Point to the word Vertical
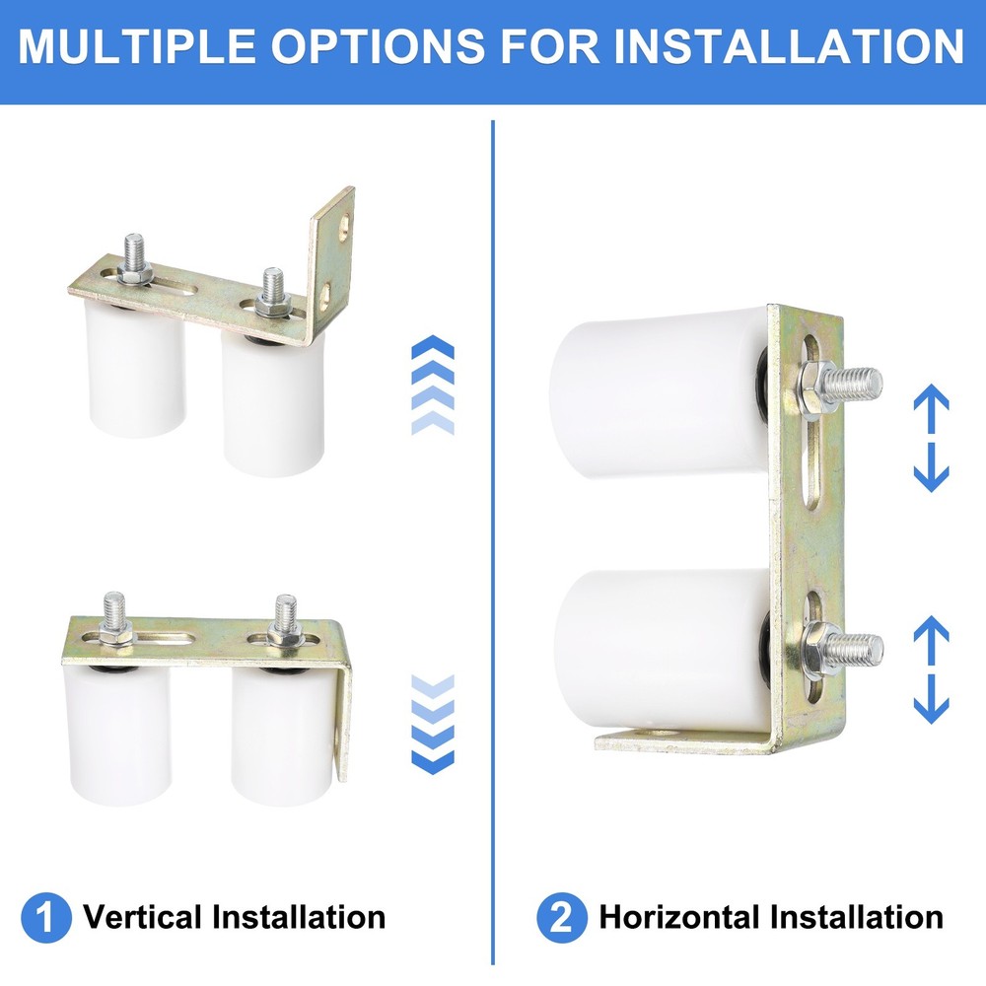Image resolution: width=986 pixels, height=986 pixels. click(x=142, y=917)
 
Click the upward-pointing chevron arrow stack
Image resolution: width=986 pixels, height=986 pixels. click(x=432, y=385)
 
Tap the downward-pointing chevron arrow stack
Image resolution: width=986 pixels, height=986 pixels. click(x=432, y=725)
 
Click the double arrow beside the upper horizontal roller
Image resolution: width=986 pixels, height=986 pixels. click(x=931, y=439)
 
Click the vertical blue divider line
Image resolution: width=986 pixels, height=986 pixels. click(x=492, y=542)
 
